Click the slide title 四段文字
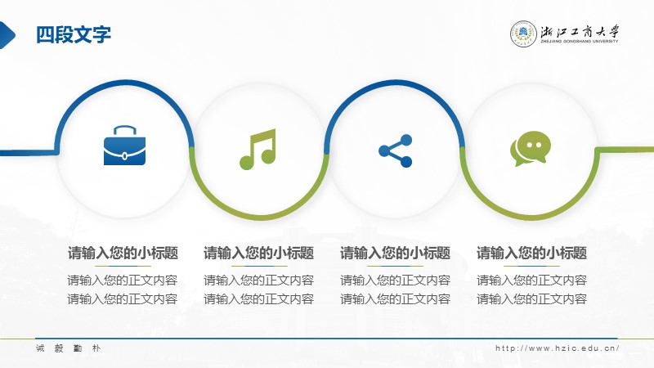[74, 34]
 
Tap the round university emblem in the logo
[523, 34]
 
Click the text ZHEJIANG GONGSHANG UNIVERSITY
[580, 42]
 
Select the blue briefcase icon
[124, 146]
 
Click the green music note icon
[258, 149]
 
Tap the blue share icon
[396, 150]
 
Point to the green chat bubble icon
[531, 148]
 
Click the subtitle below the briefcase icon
[123, 253]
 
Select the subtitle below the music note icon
[259, 253]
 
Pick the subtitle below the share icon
[396, 253]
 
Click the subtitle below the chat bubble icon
[532, 253]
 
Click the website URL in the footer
[557, 348]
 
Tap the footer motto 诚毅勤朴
[69, 348]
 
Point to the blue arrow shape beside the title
[7, 35]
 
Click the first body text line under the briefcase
[123, 280]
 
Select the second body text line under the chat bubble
[532, 298]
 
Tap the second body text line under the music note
[259, 298]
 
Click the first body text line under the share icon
[396, 280]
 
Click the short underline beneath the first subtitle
[123, 266]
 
